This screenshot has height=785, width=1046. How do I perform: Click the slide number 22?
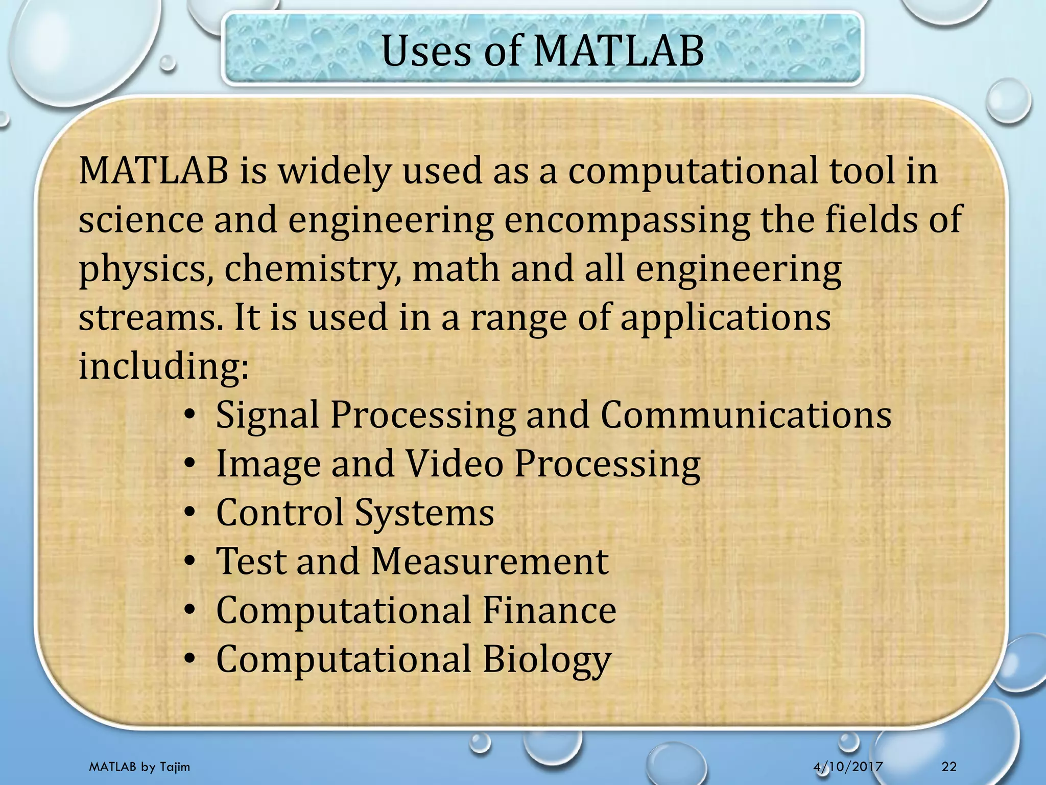point(949,766)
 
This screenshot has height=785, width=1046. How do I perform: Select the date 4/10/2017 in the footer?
point(848,766)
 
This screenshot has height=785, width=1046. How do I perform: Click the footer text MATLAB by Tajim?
point(139,767)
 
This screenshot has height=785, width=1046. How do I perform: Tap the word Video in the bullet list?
point(455,464)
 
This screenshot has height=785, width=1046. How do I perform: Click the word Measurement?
point(489,561)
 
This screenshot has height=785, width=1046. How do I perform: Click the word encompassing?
point(627,221)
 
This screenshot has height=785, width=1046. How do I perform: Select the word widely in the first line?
point(334,171)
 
